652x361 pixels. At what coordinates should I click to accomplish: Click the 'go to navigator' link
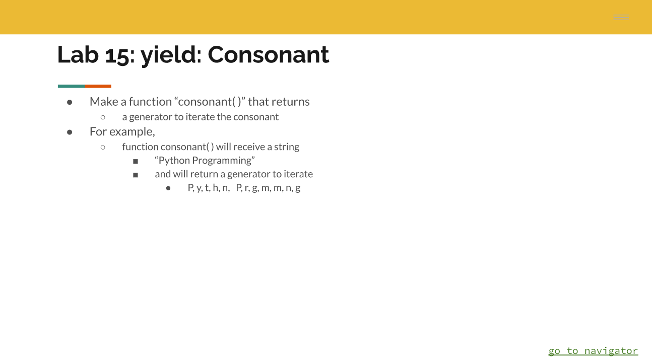593,351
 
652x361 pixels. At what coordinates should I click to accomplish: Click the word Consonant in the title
268,54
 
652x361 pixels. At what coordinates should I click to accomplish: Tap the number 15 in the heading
117,54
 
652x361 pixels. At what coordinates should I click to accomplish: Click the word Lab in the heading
78,54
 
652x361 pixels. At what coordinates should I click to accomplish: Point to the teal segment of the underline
71,86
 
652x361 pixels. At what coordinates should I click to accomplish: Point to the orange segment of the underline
98,86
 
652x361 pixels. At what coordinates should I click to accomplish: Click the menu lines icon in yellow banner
621,18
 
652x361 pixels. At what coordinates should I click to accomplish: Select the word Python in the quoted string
174,161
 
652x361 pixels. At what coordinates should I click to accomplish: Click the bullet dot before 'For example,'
70,132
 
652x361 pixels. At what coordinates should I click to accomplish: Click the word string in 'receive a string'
287,147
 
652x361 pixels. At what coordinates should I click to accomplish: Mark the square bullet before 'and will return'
136,175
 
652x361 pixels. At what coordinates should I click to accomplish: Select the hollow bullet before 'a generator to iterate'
103,117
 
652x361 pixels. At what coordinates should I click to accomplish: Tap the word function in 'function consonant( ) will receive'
140,147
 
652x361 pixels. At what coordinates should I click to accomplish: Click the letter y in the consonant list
199,188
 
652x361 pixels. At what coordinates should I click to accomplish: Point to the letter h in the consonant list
215,188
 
